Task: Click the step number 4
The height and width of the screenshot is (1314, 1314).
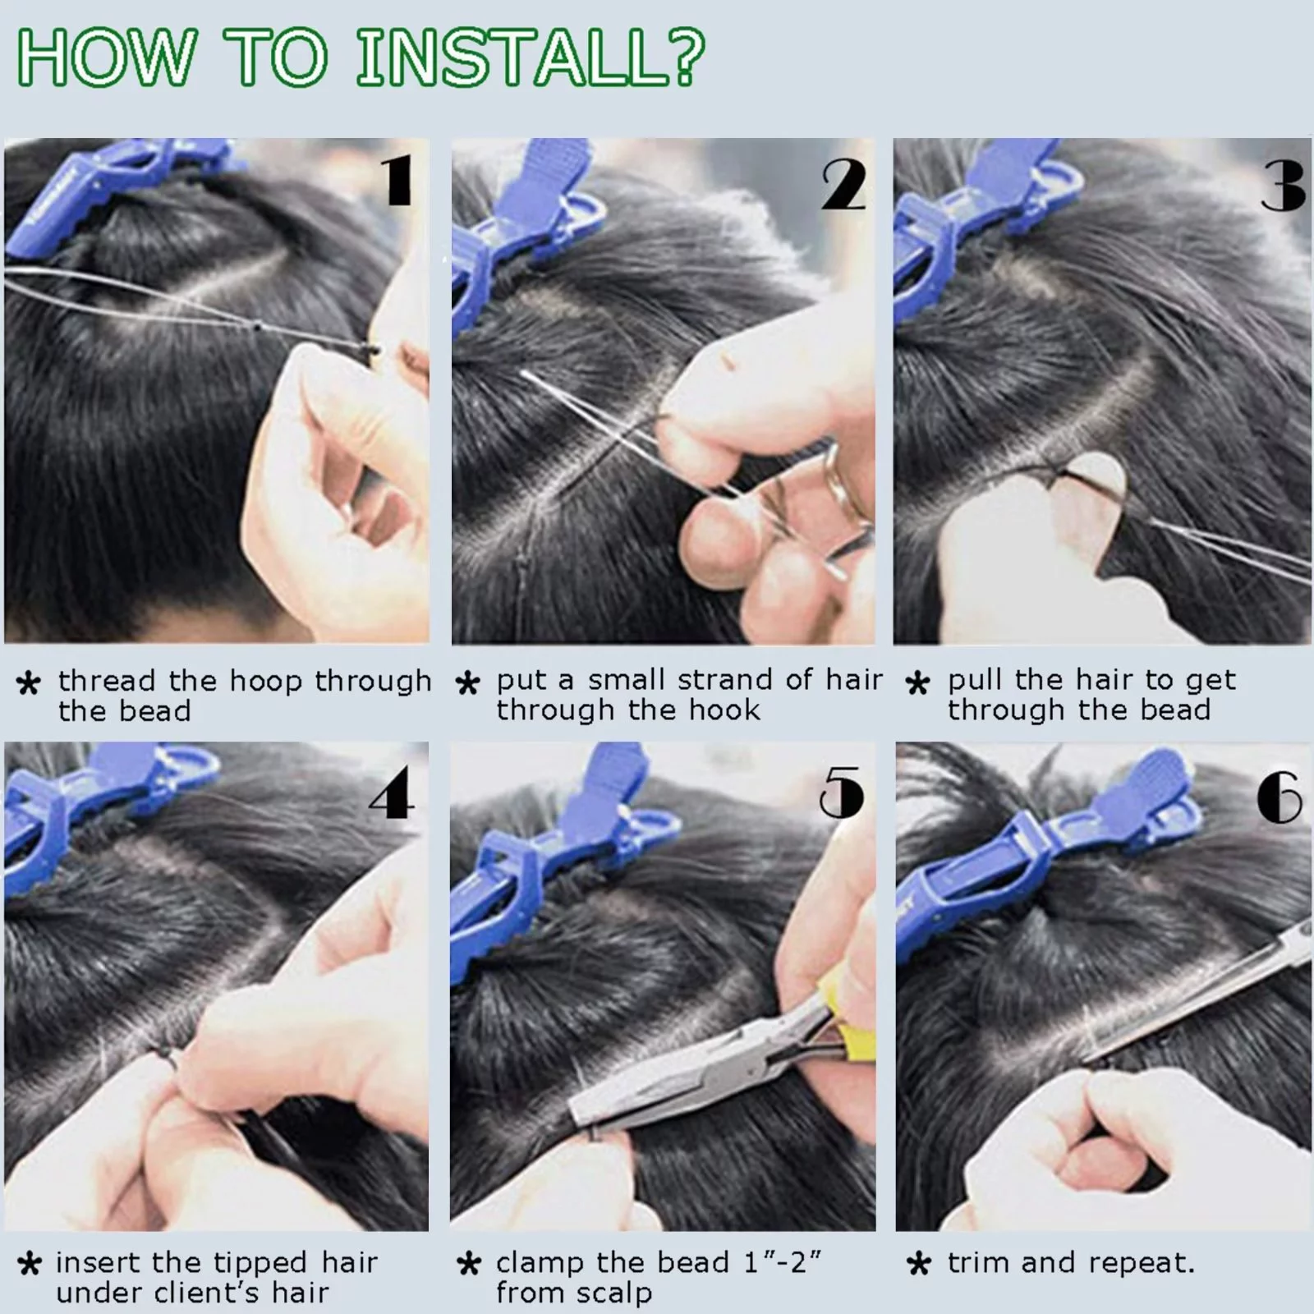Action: (391, 794)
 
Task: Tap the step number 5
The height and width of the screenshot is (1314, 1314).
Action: (842, 793)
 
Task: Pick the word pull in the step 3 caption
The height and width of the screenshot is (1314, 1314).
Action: (977, 681)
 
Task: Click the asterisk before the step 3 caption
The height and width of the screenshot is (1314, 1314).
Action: (917, 683)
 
